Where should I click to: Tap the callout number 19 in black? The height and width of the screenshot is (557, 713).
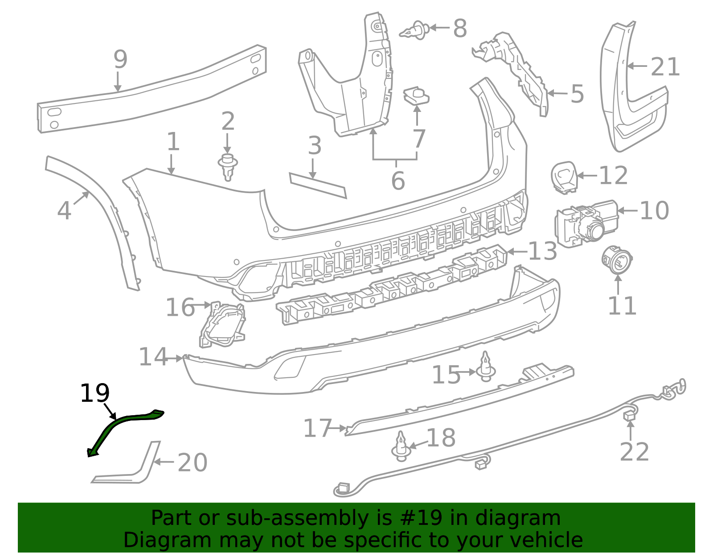(x=94, y=393)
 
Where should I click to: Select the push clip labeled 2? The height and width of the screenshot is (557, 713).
(x=228, y=166)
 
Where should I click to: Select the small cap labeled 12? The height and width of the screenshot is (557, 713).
(x=564, y=177)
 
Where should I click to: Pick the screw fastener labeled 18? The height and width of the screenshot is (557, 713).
(x=401, y=447)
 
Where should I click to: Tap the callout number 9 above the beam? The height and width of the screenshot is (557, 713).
(x=120, y=59)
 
